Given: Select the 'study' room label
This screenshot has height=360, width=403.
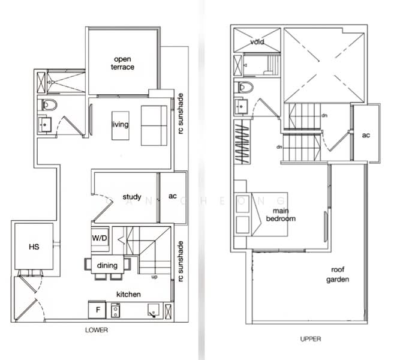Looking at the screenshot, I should (131, 197).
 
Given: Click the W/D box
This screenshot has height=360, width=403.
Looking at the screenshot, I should (100, 238).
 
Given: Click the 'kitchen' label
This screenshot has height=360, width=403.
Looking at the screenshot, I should (128, 294).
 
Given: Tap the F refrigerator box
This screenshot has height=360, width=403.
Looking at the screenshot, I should (98, 310).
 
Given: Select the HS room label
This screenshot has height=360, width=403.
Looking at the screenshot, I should (34, 247).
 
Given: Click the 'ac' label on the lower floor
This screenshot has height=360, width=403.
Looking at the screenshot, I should (172, 196).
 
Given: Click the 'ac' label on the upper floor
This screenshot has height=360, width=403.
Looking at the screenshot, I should (366, 135).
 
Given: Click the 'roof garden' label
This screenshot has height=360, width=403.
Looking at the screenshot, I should (338, 275).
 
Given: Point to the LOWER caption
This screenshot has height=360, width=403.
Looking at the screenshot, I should (97, 330).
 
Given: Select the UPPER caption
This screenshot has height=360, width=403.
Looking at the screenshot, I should (310, 339).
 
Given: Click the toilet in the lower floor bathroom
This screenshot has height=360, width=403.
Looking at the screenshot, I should (49, 106).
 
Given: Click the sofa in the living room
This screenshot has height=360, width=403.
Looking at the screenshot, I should (155, 125).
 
